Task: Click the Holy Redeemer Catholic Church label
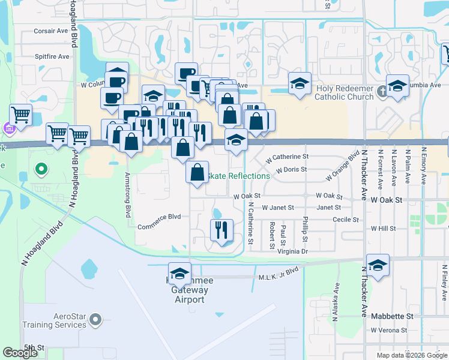pos(344,92)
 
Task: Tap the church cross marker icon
pos(382,93)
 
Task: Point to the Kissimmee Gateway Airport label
pos(190,290)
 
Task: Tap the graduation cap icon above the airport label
pos(179,273)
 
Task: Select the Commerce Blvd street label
pos(159,227)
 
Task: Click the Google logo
pos(20,353)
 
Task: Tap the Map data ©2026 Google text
pos(411,355)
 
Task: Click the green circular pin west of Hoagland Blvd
pos(41,170)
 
